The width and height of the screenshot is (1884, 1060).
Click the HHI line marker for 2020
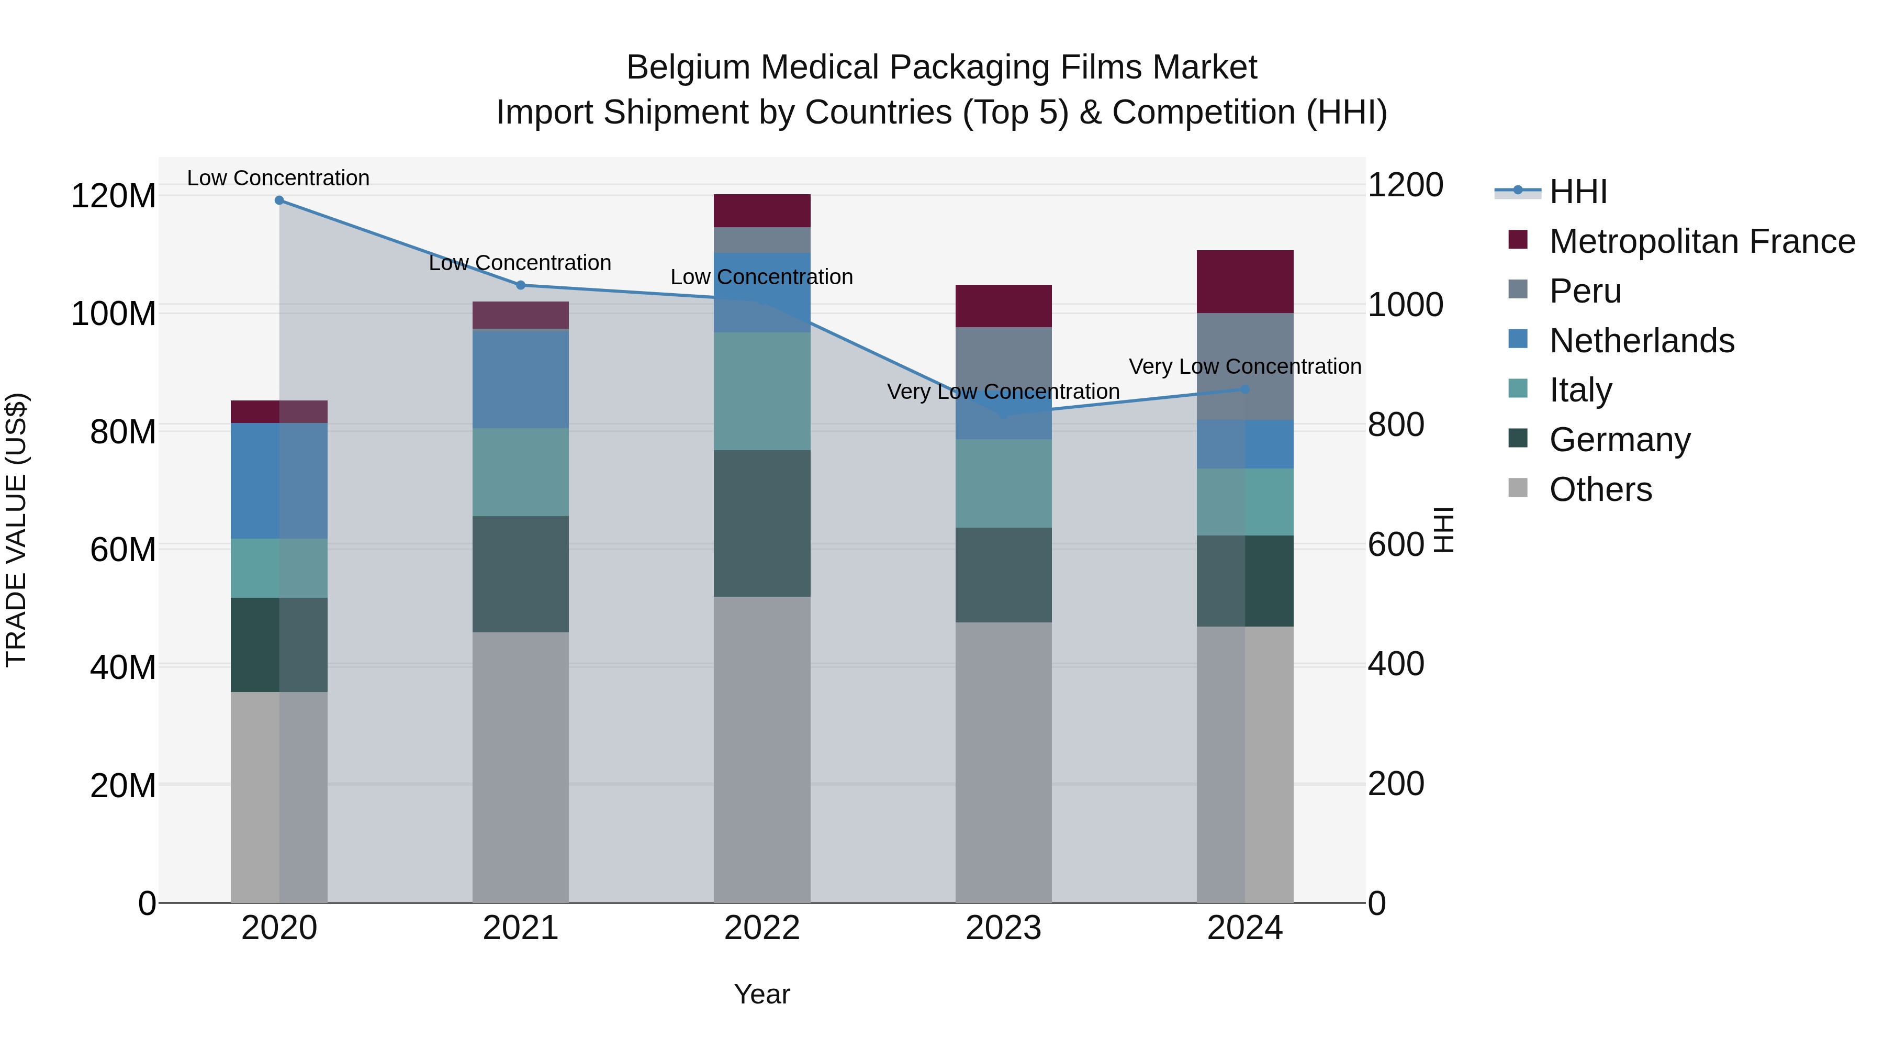tap(278, 200)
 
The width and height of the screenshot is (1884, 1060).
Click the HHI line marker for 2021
tap(521, 285)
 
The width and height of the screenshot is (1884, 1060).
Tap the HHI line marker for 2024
tap(1245, 389)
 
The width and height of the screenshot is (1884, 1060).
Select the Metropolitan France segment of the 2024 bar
tap(1245, 282)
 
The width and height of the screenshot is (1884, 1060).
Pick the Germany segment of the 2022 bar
tap(762, 523)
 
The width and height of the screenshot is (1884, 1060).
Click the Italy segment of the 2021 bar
tap(521, 472)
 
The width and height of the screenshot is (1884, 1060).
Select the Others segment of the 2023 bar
tap(1003, 761)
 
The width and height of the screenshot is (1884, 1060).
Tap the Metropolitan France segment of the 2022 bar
tap(762, 210)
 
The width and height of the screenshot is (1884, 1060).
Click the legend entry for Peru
tap(1585, 291)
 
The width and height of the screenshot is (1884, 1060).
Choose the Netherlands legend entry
tap(1641, 341)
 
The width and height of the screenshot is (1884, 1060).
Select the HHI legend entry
tap(1577, 192)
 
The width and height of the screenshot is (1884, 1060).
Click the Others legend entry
tap(1600, 489)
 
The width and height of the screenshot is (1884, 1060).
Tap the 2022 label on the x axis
tap(762, 928)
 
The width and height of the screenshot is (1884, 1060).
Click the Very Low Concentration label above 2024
tap(1245, 366)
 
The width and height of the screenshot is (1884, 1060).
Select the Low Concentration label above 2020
tap(278, 178)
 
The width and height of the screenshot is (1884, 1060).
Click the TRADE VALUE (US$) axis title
tap(16, 530)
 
